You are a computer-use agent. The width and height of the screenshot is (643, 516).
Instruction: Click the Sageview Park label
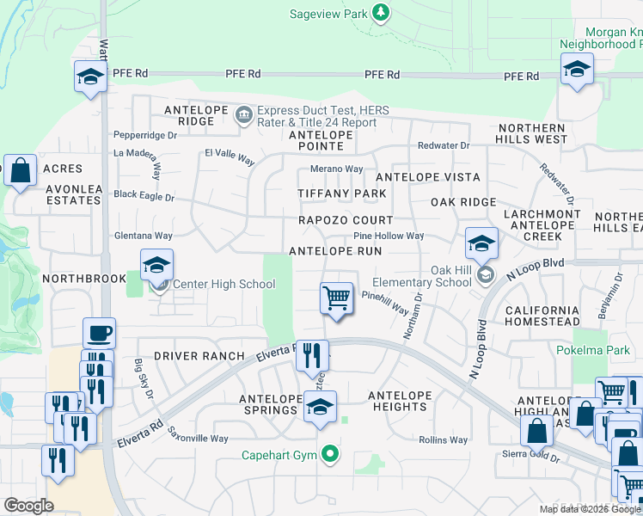328,13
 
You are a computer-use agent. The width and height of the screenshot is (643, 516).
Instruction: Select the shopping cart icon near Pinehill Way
337,298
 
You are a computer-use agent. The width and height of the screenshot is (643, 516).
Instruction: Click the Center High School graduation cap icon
157,266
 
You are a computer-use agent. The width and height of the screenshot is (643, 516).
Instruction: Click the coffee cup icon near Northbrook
100,334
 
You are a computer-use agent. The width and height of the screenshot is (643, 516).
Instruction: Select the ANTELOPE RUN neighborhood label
335,251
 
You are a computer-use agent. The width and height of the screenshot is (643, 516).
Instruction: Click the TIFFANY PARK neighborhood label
342,193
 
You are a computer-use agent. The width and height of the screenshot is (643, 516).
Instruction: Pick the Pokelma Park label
604,351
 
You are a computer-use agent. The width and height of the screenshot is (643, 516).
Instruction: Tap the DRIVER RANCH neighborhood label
199,356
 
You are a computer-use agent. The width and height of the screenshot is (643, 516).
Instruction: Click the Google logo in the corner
28,506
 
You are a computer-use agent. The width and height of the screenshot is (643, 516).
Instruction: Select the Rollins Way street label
444,440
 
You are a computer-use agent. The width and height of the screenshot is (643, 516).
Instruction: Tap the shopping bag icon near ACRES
20,170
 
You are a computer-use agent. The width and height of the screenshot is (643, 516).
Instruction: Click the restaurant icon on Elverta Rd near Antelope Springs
312,354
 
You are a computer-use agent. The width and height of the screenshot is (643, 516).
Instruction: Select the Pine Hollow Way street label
389,236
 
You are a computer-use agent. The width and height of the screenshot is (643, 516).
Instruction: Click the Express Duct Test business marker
244,114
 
